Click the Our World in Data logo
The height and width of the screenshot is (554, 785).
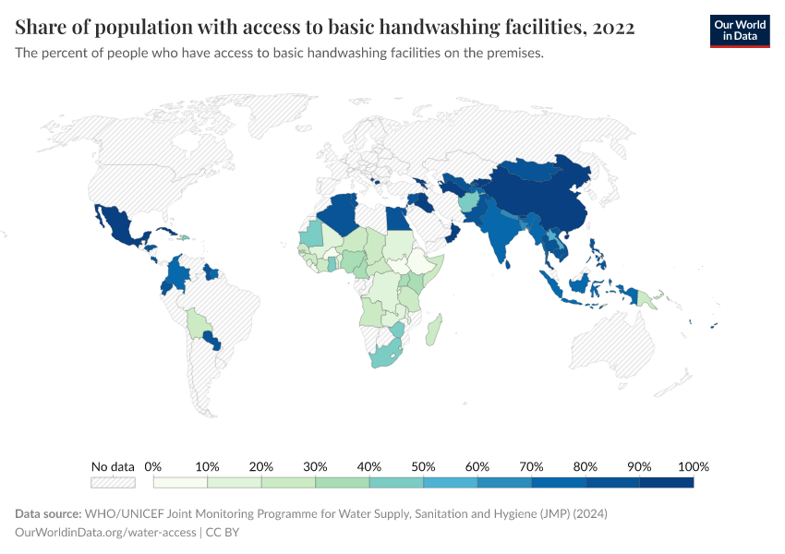[x=739, y=30]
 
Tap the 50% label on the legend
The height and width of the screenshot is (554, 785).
[x=423, y=466]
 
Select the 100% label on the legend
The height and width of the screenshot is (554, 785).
[x=693, y=466]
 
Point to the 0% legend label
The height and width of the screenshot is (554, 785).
[x=153, y=466]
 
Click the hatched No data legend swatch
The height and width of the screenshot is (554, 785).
[x=113, y=482]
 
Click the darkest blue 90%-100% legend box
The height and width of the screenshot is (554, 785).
[x=666, y=482]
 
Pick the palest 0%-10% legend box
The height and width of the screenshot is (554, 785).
[x=180, y=482]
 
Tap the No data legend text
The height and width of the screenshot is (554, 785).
[x=113, y=466]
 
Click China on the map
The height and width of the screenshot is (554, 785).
[x=545, y=203]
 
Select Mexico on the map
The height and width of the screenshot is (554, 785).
[x=120, y=226]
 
